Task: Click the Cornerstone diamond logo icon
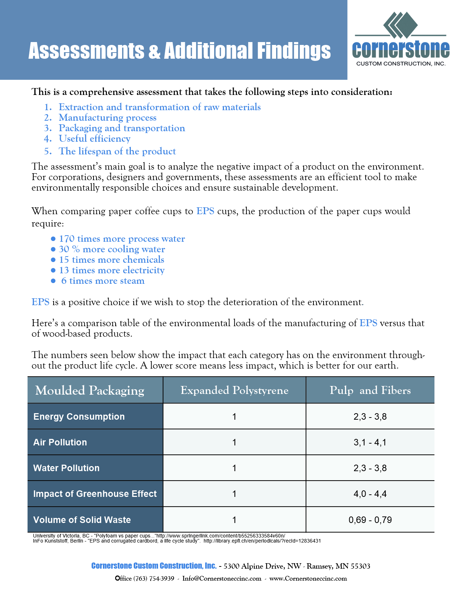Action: click(400, 25)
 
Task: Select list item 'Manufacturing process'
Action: click(108, 118)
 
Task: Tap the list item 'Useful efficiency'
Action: click(95, 139)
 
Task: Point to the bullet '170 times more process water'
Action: click(122, 239)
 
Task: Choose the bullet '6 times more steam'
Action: click(103, 281)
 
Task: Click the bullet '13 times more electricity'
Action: click(112, 270)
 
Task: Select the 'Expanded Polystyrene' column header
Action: click(234, 390)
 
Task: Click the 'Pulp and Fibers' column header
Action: click(370, 390)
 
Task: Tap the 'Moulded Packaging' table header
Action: click(90, 390)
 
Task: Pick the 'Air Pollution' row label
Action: click(60, 442)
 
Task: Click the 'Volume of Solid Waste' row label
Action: click(82, 520)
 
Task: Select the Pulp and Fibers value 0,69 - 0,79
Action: click(370, 520)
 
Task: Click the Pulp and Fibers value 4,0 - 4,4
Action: click(370, 494)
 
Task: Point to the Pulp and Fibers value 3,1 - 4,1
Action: click(370, 442)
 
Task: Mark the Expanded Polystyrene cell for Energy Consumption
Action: click(234, 416)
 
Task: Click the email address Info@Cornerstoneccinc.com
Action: click(222, 578)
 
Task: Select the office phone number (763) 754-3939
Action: click(154, 578)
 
